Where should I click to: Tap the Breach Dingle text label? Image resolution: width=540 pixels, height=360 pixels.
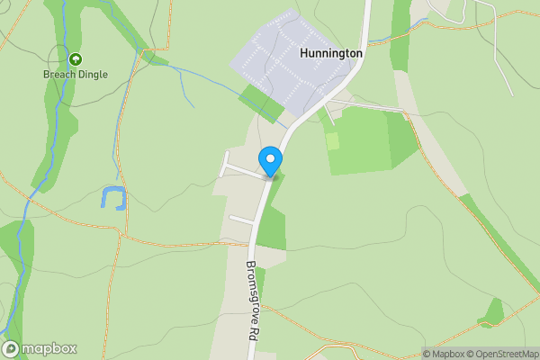click(x=76, y=76)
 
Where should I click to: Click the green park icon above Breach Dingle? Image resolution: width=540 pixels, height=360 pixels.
click(x=76, y=60)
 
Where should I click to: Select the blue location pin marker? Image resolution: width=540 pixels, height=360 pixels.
click(x=270, y=161)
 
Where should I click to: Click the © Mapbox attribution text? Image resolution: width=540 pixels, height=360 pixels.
click(x=443, y=354)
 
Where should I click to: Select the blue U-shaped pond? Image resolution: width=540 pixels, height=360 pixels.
click(x=113, y=198)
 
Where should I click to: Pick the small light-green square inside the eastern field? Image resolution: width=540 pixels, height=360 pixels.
click(x=333, y=140)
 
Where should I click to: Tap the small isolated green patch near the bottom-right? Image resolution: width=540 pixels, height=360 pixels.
click(x=493, y=311)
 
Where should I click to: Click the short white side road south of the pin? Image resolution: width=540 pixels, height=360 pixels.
click(x=241, y=218)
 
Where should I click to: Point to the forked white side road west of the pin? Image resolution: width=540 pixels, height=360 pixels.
click(x=236, y=167)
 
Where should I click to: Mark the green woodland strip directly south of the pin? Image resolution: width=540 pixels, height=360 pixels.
click(x=271, y=225)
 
